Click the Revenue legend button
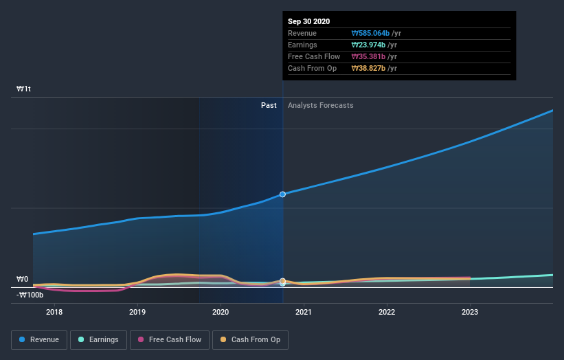[39, 339]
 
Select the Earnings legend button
[99, 339]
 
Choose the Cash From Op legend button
[251, 339]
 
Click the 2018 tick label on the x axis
[54, 312]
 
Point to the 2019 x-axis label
[137, 312]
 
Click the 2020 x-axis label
[221, 312]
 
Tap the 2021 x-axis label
[304, 312]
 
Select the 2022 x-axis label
[387, 312]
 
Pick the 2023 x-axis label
[470, 312]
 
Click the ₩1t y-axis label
[24, 89]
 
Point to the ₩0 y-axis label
[23, 279]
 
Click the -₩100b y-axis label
[30, 295]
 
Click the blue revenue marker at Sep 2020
[282, 194]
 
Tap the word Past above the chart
[269, 105]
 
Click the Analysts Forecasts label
[321, 105]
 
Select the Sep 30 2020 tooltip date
[308, 21]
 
